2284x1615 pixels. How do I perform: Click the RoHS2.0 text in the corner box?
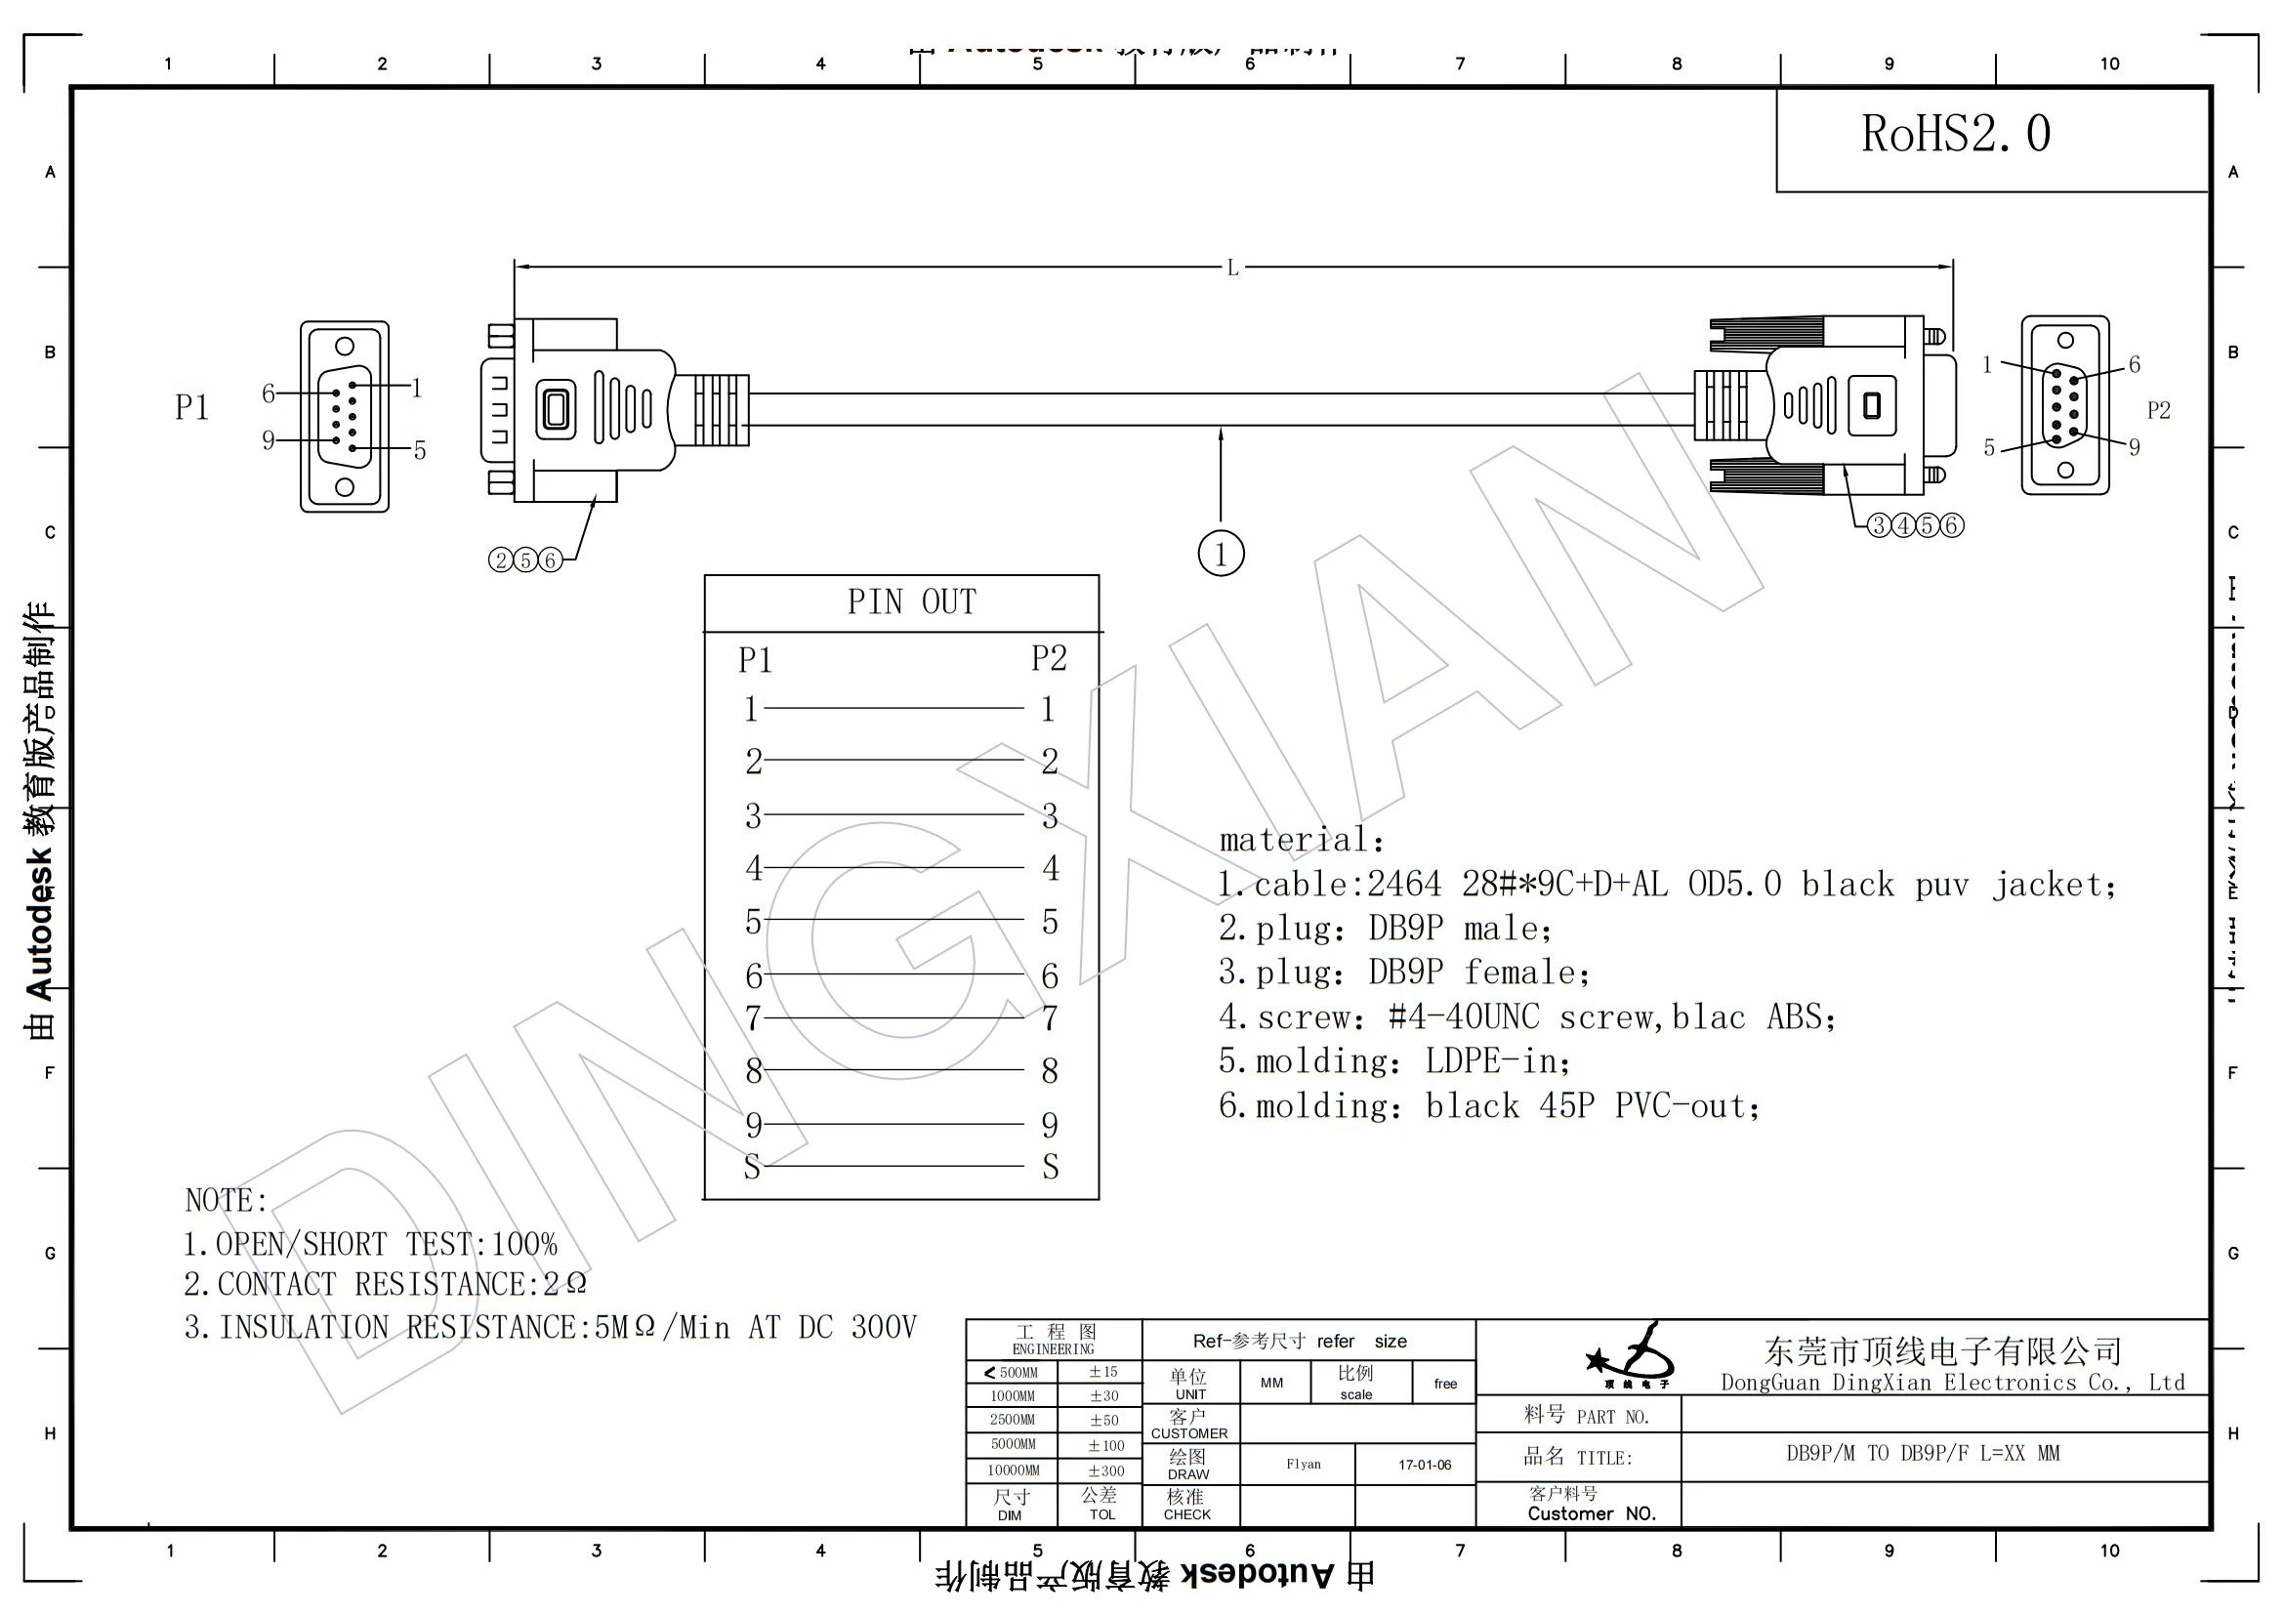[1955, 134]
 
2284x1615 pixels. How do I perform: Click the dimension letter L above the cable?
[1231, 268]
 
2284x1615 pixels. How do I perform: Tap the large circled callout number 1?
[1221, 553]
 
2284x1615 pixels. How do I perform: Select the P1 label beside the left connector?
[191, 408]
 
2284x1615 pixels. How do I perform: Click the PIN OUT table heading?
[911, 602]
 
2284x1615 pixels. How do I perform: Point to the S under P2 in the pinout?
[1050, 1168]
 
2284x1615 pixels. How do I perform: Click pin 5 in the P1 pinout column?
[753, 922]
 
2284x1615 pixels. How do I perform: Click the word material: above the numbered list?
[1301, 841]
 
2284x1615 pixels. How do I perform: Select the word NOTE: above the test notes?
[226, 1200]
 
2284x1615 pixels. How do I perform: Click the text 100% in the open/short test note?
[524, 1244]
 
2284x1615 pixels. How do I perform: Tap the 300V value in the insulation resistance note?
[884, 1328]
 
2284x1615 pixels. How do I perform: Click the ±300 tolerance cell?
[1105, 1470]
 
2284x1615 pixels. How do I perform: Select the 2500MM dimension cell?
[1012, 1420]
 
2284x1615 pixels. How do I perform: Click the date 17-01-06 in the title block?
[1424, 1465]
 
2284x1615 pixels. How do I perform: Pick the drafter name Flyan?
[1304, 1464]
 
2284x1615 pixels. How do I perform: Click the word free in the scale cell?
[1444, 1384]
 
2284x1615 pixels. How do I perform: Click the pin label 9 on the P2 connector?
[2133, 447]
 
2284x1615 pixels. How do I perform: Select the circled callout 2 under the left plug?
[500, 560]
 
